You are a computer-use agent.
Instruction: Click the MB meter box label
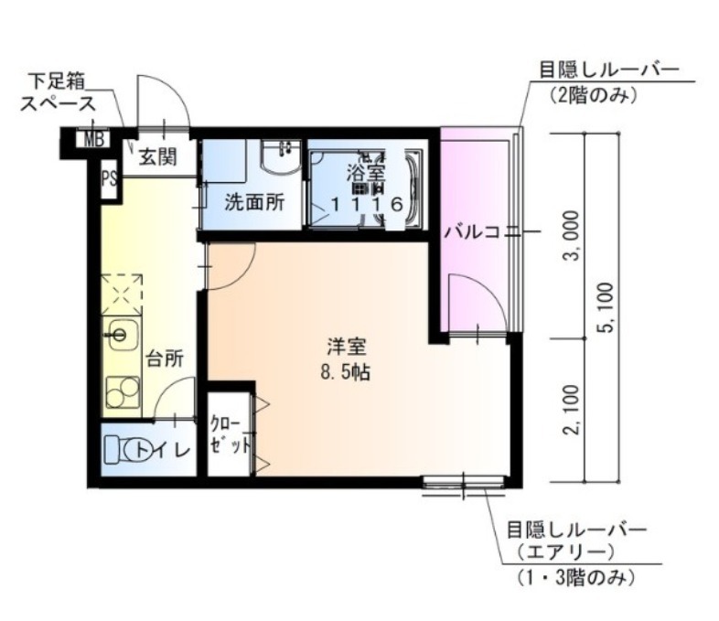pos(93,140)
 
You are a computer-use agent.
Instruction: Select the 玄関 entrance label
pos(157,157)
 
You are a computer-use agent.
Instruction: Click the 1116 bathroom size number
pos(366,204)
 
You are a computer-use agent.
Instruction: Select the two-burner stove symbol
pos(121,391)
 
